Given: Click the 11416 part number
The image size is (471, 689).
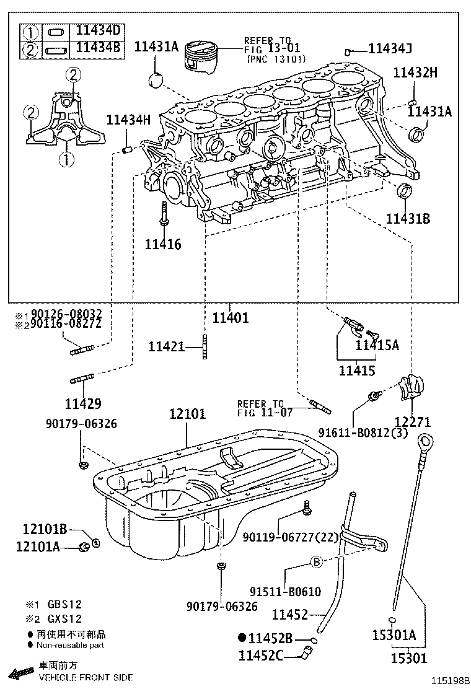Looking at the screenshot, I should click(163, 244).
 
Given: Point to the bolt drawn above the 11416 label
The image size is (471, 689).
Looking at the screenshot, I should click(164, 216).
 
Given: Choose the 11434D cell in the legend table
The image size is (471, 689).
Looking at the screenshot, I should click(99, 30).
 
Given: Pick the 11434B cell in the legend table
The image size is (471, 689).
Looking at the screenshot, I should click(99, 47).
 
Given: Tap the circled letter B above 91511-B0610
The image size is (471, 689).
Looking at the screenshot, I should click(316, 562).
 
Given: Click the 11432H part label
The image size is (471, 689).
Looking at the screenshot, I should click(415, 72).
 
